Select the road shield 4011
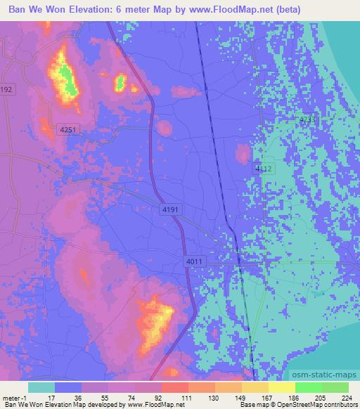[195, 261]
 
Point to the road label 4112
[263, 169]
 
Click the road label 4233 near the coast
[307, 120]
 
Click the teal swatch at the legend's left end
[41, 387]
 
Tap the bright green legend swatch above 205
[308, 387]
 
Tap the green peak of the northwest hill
[67, 77]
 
